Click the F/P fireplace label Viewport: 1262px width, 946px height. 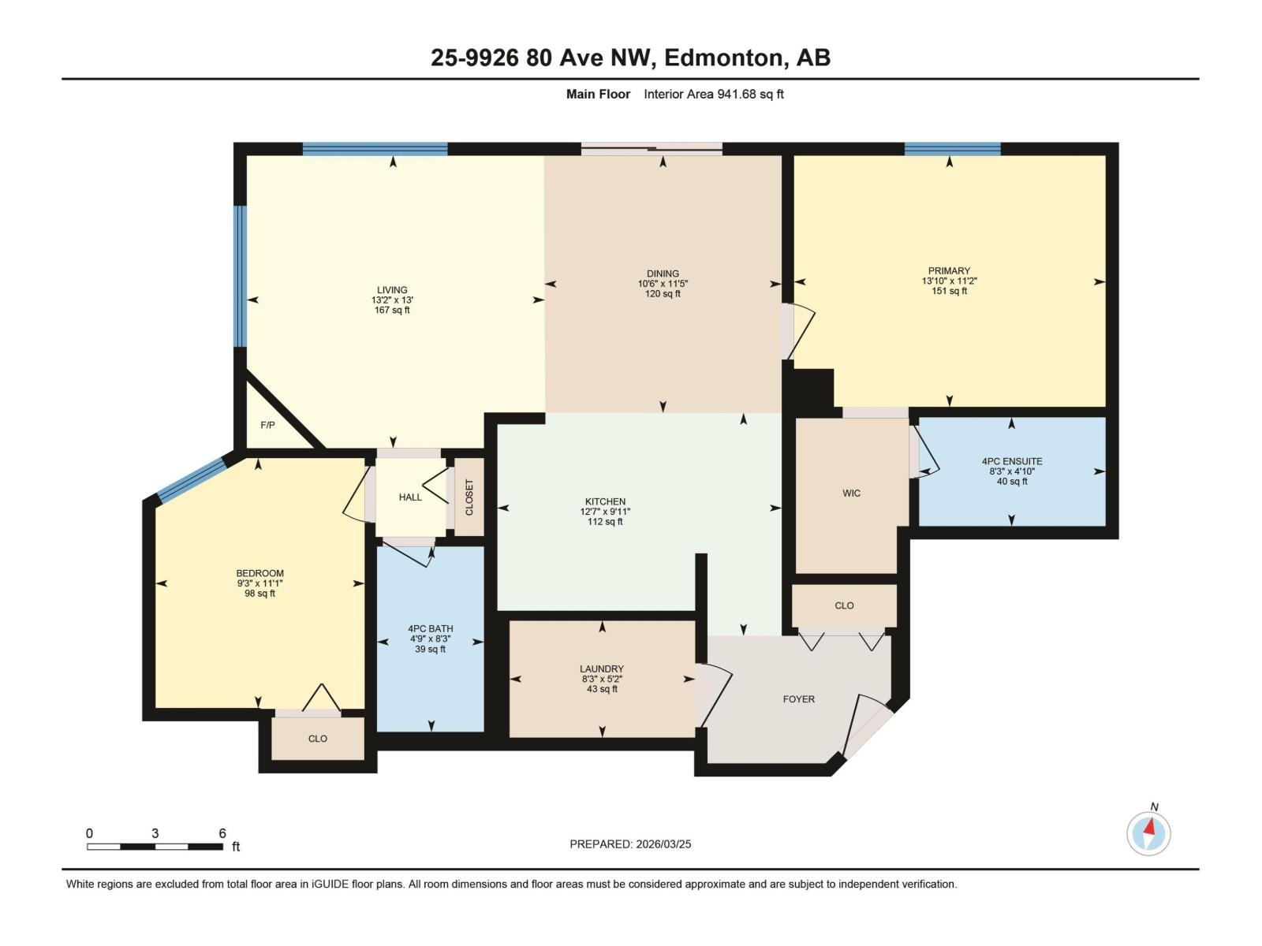point(267,425)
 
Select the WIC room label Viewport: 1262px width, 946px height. point(851,493)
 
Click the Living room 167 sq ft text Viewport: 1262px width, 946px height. point(392,311)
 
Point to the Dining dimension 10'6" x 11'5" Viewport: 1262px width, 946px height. point(663,284)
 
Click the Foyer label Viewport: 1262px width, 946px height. point(798,699)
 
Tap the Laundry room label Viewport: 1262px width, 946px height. point(602,669)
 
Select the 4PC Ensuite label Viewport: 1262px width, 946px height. point(1012,461)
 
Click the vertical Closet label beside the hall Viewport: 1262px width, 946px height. point(469,497)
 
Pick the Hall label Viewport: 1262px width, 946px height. point(410,497)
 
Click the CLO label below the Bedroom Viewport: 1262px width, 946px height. point(317,739)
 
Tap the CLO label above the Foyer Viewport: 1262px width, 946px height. point(844,605)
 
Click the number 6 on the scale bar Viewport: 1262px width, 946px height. point(222,833)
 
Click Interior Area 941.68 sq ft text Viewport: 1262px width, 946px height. point(713,95)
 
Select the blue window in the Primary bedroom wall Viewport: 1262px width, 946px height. point(952,149)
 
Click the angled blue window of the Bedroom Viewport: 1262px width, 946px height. point(192,480)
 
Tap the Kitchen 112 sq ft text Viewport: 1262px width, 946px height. point(605,522)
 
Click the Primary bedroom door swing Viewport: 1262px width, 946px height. point(799,332)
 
